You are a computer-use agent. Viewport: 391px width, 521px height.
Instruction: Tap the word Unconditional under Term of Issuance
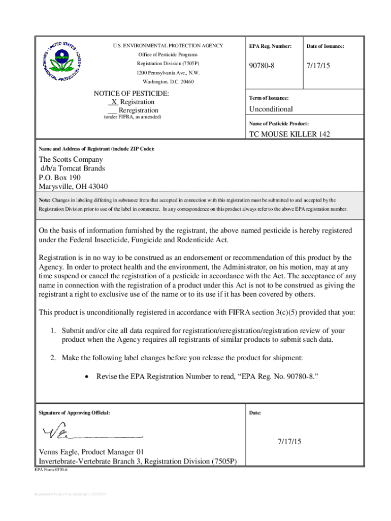click(271, 109)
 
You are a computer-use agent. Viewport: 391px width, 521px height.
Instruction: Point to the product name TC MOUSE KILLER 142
click(289, 134)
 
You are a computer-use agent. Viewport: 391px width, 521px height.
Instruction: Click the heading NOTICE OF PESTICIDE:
click(132, 94)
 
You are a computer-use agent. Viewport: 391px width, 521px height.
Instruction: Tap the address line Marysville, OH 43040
click(73, 187)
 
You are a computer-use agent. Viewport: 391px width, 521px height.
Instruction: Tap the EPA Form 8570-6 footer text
click(51, 471)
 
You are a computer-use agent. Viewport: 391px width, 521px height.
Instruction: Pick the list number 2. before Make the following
click(53, 358)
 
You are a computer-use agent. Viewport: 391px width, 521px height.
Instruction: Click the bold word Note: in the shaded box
click(45, 200)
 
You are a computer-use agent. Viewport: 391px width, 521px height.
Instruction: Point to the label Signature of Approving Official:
click(74, 413)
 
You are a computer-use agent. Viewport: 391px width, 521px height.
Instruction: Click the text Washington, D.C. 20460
click(168, 82)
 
